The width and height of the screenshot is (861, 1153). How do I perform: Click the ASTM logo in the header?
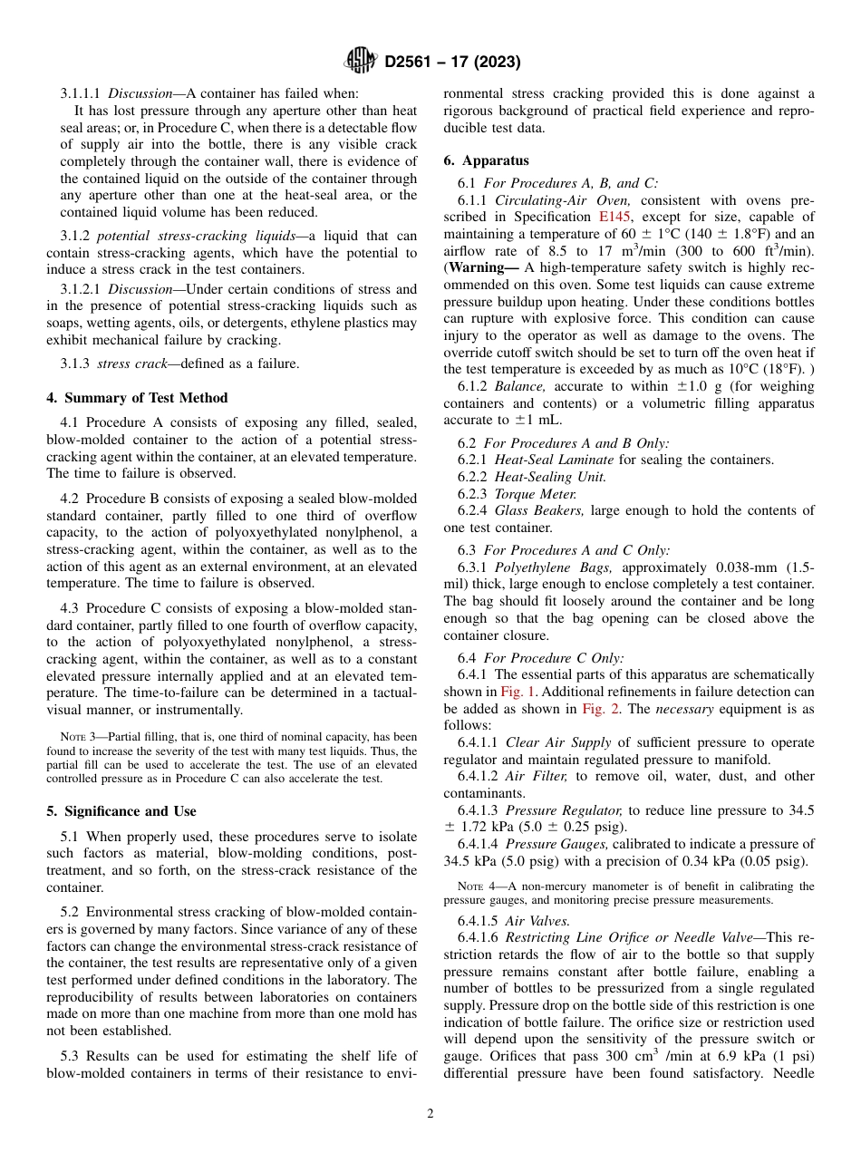(361, 62)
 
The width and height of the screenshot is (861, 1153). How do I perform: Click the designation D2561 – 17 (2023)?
(451, 63)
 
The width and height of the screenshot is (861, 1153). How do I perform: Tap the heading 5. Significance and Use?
(121, 811)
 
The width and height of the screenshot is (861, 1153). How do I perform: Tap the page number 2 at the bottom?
(430, 1114)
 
